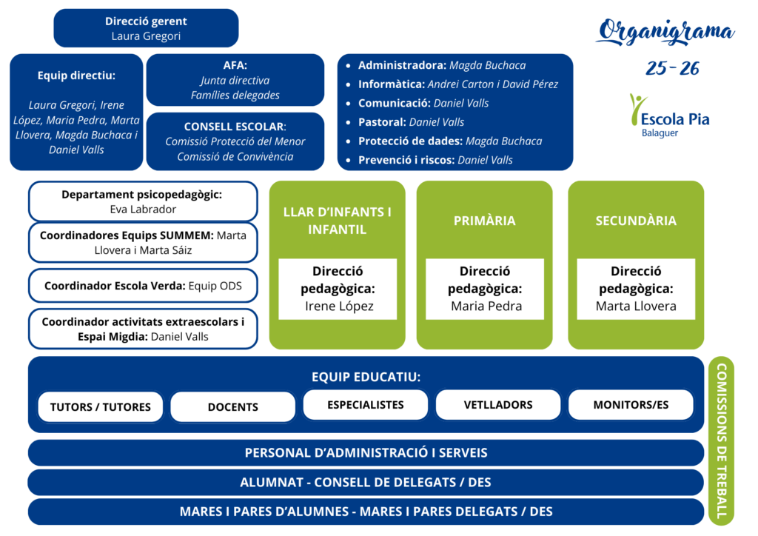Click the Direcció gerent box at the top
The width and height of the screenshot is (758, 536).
pyautogui.click(x=146, y=28)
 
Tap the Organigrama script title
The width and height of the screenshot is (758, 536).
pyautogui.click(x=665, y=32)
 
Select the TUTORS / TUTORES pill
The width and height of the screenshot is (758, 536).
pyautogui.click(x=100, y=406)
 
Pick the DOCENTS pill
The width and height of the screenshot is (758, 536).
pyautogui.click(x=232, y=406)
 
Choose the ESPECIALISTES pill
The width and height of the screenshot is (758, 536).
pyautogui.click(x=365, y=405)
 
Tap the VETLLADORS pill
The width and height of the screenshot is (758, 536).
pyautogui.click(x=497, y=405)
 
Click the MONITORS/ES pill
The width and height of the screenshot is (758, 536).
pyautogui.click(x=631, y=405)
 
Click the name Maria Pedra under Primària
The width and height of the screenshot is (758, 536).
pyautogui.click(x=486, y=306)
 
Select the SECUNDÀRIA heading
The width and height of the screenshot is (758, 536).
pyautogui.click(x=635, y=221)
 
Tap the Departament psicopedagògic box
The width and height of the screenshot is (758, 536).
pyautogui.click(x=142, y=201)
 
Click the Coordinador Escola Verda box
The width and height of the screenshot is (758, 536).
pyautogui.click(x=142, y=285)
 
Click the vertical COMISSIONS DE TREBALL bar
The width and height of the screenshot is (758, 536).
pyautogui.click(x=721, y=441)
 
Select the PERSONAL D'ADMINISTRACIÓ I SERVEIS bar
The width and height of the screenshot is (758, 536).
pyautogui.click(x=366, y=452)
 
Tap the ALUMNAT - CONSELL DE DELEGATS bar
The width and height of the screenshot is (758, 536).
pyautogui.click(x=366, y=482)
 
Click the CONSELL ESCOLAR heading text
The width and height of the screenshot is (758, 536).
pyautogui.click(x=235, y=127)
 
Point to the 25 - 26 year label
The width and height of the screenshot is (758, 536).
pyautogui.click(x=672, y=69)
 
